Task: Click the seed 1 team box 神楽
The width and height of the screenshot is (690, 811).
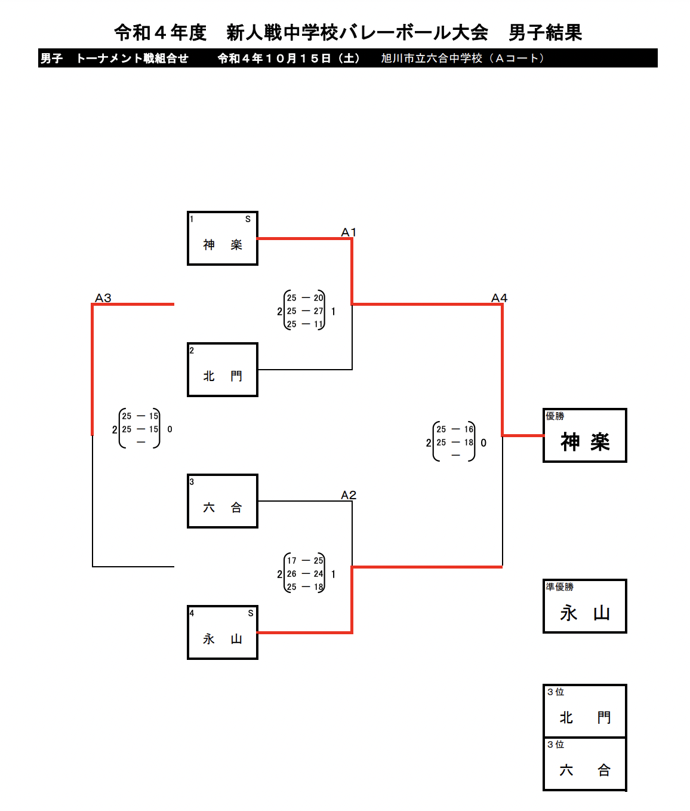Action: [223, 238]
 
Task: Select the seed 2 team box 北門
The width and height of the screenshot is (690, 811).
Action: [223, 370]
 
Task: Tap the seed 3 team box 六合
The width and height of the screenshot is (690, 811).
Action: [223, 501]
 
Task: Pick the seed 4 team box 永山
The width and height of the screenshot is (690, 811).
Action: [223, 632]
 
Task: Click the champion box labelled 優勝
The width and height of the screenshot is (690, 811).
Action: [585, 435]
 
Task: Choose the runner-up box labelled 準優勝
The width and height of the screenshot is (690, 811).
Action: [585, 606]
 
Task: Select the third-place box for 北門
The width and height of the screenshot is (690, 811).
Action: [585, 711]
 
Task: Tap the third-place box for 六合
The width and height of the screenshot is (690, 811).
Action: [585, 764]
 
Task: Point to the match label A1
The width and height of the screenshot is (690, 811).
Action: [349, 232]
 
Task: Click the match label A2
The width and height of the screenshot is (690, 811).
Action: [349, 495]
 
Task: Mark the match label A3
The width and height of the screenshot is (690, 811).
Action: [103, 298]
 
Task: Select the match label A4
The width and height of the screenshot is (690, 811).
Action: [499, 298]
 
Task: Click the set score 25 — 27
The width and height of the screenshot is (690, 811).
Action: [305, 311]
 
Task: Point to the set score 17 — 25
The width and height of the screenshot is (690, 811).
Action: [305, 561]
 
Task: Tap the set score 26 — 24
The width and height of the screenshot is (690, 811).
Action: [305, 574]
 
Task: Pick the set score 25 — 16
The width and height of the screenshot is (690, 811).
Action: [455, 429]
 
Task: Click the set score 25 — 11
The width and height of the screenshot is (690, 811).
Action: [305, 324]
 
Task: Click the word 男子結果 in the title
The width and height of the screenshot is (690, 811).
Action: [545, 33]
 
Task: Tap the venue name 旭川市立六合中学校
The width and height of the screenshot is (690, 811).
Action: [432, 59]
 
